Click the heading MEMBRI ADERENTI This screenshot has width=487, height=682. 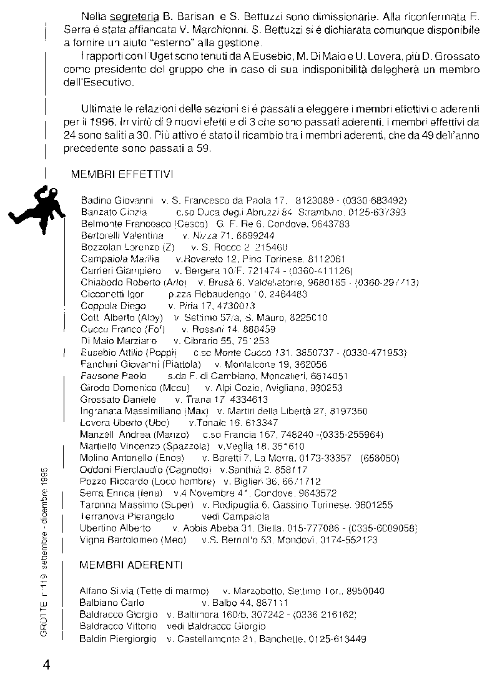[131, 566]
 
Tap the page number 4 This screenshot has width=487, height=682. [46, 665]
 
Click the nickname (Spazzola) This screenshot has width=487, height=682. [185, 447]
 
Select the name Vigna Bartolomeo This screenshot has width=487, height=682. [119, 540]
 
